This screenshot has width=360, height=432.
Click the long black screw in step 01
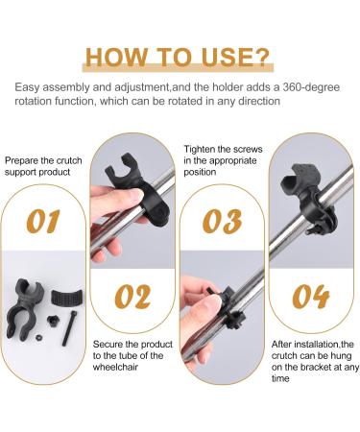(x=67, y=318)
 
